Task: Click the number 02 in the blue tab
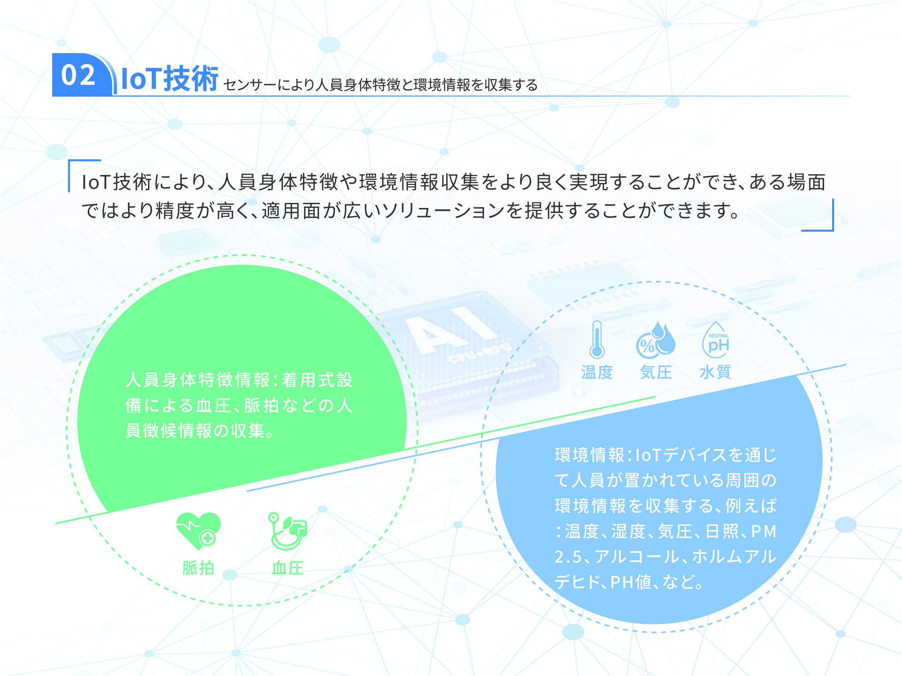78,75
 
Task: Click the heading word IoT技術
170,78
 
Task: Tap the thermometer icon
597,339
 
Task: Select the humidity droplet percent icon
655,339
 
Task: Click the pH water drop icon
715,339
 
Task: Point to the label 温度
597,372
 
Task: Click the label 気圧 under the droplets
656,372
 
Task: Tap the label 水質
715,372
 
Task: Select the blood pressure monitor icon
288,531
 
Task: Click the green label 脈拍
198,568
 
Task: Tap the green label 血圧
288,568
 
